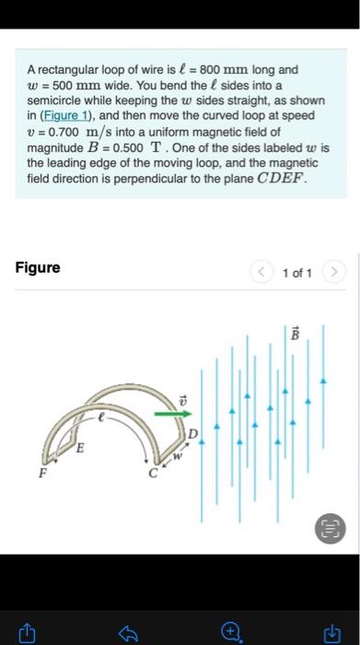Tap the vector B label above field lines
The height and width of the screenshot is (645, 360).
coord(296,334)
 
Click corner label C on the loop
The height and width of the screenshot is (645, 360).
coord(155,475)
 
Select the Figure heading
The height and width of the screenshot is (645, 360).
coord(38,268)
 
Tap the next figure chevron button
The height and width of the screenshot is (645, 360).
coord(333,273)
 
